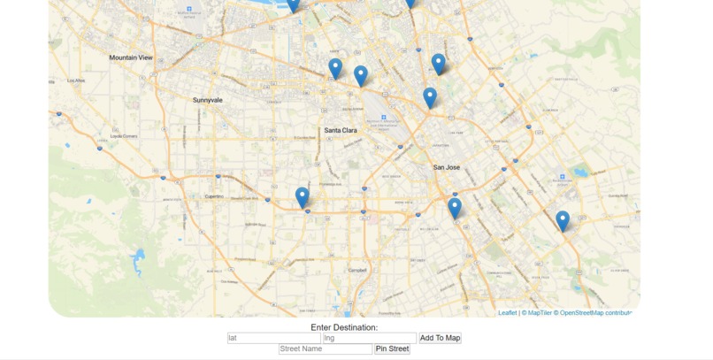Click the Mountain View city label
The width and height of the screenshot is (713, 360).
131,57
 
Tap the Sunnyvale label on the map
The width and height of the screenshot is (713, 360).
208,100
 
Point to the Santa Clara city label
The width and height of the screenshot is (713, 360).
341,130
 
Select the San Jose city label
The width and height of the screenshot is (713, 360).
447,167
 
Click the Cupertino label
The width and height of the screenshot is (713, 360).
214,196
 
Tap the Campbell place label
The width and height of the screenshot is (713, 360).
357,270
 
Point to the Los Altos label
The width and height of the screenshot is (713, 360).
76,80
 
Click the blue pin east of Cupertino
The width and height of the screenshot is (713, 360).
303,197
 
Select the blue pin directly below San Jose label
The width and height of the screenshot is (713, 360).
455,208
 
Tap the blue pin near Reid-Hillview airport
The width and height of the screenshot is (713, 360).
563,220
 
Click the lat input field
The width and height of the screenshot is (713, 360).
273,338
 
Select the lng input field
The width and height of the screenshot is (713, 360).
369,338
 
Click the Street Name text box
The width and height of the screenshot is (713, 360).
325,349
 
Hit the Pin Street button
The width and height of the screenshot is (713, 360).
392,349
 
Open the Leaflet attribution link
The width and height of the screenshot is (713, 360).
507,313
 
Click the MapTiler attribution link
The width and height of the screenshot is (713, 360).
537,313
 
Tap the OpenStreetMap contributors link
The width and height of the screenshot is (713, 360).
594,313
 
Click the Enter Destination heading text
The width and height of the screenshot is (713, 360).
344,327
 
